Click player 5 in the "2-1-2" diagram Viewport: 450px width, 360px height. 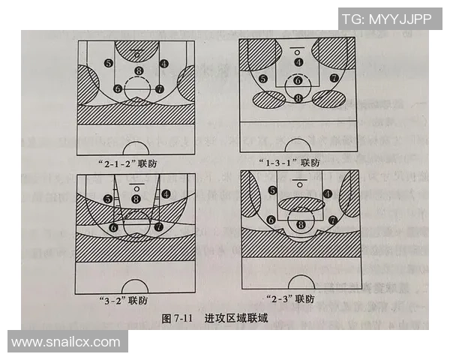(x=109, y=64)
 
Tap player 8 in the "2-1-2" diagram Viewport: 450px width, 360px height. (x=138, y=71)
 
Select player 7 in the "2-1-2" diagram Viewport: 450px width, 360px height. (x=159, y=88)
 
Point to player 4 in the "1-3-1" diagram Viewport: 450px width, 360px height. (x=298, y=63)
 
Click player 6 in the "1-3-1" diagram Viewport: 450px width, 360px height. (x=298, y=80)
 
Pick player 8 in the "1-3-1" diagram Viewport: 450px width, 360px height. (x=298, y=97)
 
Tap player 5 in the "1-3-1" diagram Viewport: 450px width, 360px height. (x=262, y=78)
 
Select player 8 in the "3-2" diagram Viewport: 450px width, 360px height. (x=136, y=199)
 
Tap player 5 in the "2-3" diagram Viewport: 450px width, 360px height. (x=272, y=191)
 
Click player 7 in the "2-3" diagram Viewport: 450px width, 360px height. (x=331, y=220)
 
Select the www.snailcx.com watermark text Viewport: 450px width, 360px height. (x=66, y=342)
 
